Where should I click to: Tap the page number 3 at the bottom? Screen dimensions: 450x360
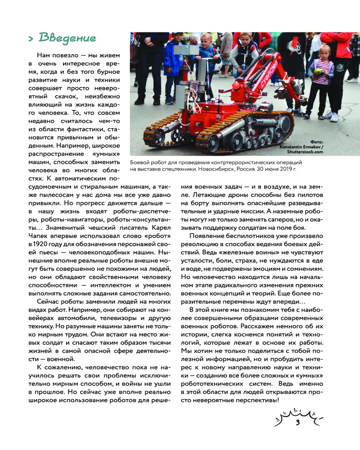(297, 423)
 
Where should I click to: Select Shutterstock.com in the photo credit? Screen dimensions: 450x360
(308, 152)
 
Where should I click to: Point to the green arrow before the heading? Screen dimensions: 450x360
(31, 39)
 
